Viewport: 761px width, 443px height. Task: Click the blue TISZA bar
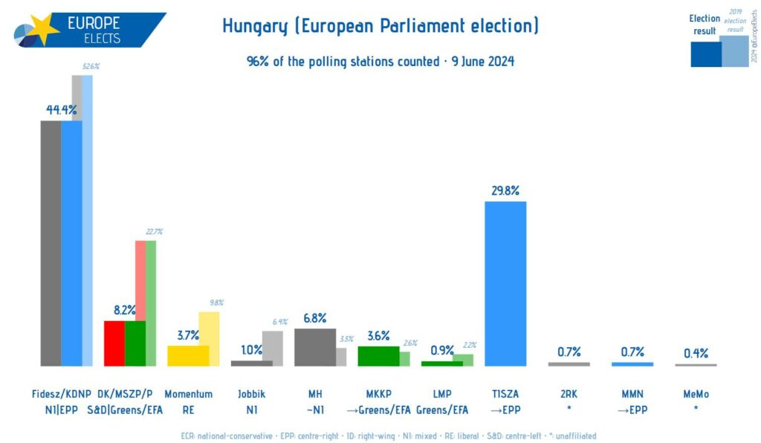[x=505, y=284]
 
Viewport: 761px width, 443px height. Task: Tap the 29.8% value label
[x=505, y=190]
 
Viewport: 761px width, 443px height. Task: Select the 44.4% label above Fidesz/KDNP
[x=61, y=110]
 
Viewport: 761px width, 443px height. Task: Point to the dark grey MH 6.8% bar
[x=315, y=347]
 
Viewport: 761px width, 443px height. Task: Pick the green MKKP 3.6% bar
[x=378, y=356]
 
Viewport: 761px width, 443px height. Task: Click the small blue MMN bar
[x=632, y=364]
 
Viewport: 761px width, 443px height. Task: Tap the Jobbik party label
[x=251, y=394]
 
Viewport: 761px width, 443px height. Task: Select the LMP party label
[x=442, y=394]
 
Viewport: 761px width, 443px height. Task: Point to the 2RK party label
[x=569, y=394]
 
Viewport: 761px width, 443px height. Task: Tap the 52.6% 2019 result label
[x=91, y=67]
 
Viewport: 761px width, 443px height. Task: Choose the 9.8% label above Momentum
[x=216, y=303]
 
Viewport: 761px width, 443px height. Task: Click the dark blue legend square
[x=705, y=54]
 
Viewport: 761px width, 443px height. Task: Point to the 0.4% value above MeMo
[x=696, y=352]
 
